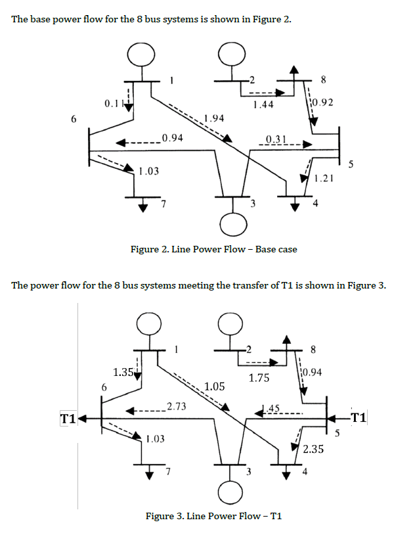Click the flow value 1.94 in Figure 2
click(x=214, y=118)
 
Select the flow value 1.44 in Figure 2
click(x=263, y=105)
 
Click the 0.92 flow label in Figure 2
click(x=323, y=103)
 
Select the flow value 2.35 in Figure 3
click(x=314, y=450)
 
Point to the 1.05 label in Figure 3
click(x=215, y=386)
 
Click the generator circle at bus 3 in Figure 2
click(x=230, y=225)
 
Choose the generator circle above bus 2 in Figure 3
click(x=230, y=323)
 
